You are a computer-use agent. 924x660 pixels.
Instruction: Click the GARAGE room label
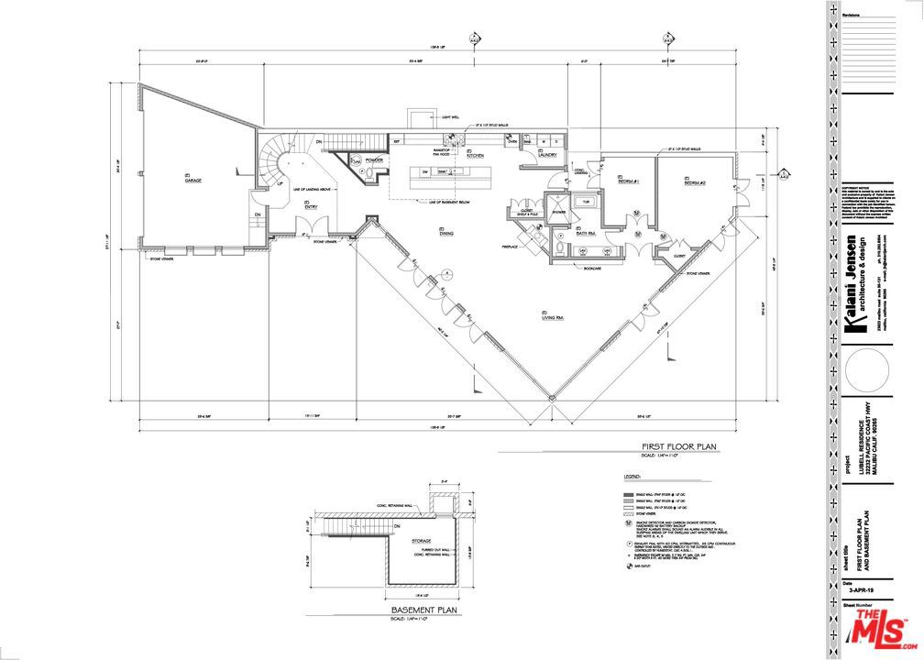(192, 181)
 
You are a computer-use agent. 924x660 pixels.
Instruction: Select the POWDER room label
(373, 160)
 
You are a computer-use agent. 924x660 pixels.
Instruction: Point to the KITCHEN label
(474, 156)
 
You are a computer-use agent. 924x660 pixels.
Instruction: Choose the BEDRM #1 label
(629, 181)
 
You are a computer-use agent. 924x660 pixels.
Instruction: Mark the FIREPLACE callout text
(511, 247)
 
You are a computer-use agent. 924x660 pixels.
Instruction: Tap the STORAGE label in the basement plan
(423, 541)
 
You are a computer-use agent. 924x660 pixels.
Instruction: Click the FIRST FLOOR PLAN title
(677, 446)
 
